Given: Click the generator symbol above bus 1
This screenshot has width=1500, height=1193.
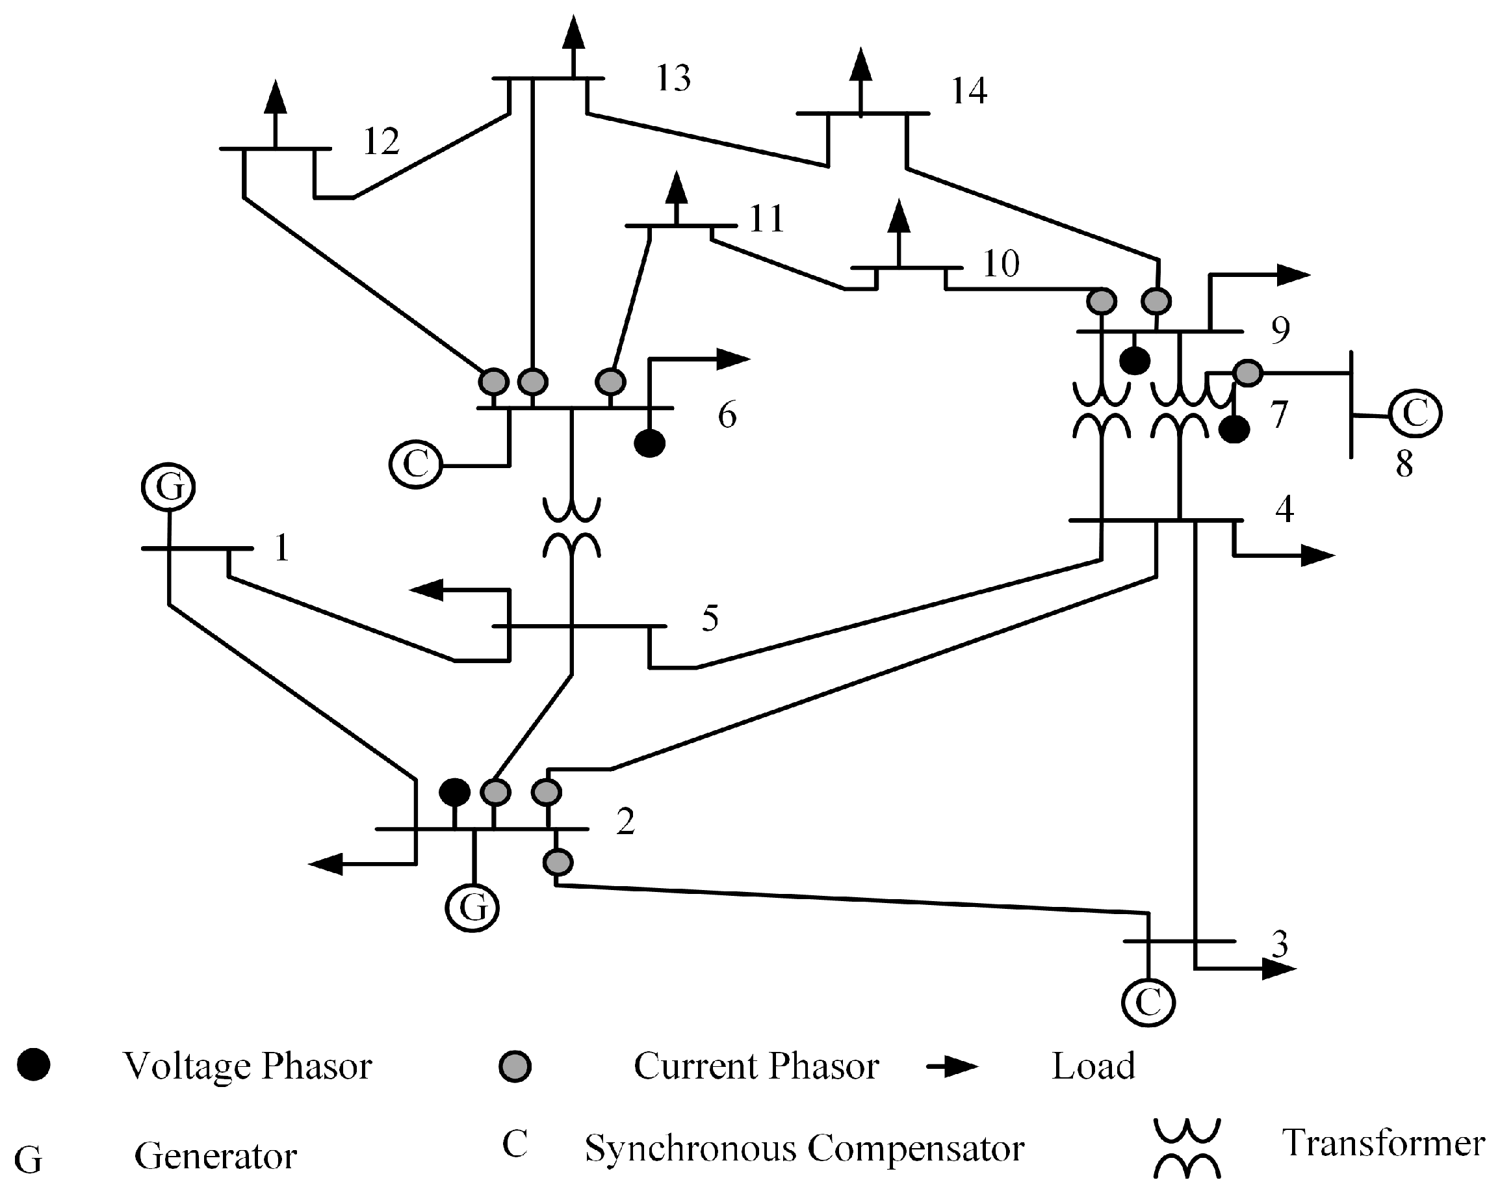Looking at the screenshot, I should click(x=168, y=486).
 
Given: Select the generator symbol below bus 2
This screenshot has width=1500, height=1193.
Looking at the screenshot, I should click(x=472, y=908).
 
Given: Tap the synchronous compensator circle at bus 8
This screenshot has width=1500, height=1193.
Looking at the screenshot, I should click(x=1415, y=413).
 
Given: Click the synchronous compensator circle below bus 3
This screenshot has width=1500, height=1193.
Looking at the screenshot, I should click(x=1148, y=1003).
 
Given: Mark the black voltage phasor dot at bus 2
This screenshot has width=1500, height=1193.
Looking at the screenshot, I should click(x=455, y=792).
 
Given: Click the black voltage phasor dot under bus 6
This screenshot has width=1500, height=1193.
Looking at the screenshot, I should click(x=650, y=443).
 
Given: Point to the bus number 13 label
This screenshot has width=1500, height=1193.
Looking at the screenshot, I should click(x=673, y=78).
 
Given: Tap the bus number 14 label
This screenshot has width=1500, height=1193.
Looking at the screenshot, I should click(x=968, y=91).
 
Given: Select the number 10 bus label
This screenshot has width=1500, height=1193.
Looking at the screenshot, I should click(x=1000, y=264).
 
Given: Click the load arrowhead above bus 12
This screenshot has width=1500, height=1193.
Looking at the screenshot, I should click(x=276, y=98).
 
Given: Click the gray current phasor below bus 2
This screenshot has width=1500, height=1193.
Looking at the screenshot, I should click(x=557, y=862).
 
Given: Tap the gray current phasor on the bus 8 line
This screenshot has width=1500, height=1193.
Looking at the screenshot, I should click(x=1247, y=373).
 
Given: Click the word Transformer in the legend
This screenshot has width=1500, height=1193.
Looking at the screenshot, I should click(x=1383, y=1143).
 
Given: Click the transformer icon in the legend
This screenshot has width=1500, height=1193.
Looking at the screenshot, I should click(x=1187, y=1147).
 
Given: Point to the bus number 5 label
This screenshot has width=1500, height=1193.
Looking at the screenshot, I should click(x=710, y=618).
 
